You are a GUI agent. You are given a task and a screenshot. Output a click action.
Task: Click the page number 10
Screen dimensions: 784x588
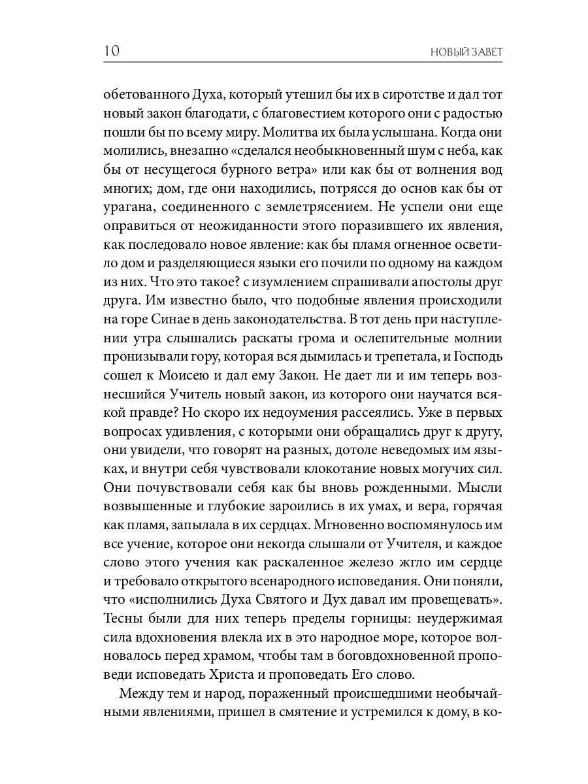pyautogui.click(x=110, y=52)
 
